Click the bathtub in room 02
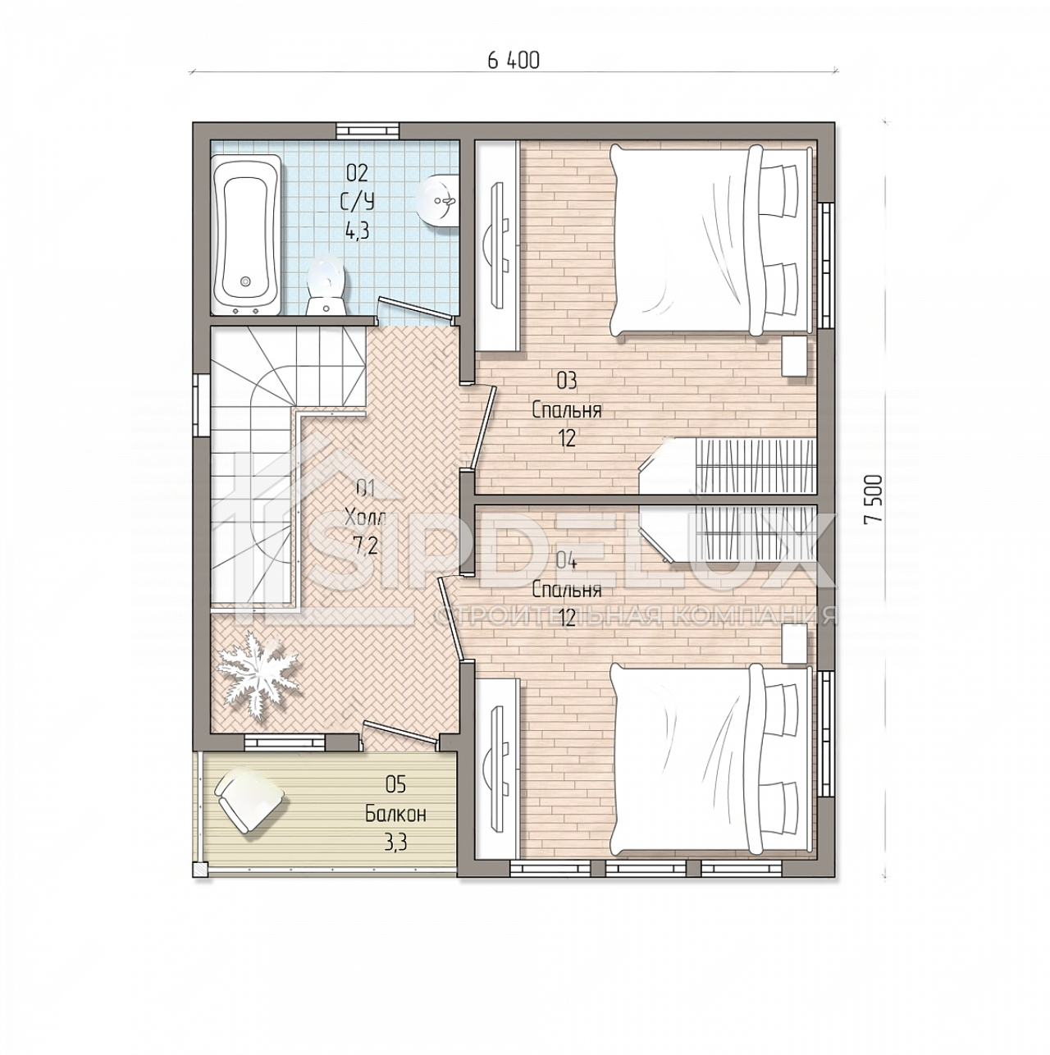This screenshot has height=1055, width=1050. (246, 235)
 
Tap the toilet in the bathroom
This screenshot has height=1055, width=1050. (326, 285)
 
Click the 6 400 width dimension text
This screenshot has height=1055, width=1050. (513, 60)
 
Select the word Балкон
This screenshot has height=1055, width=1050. (395, 830)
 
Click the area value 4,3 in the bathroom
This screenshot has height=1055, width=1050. (356, 231)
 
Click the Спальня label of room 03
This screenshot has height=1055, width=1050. (567, 410)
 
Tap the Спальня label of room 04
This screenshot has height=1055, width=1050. (567, 590)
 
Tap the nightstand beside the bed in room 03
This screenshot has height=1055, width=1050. (794, 356)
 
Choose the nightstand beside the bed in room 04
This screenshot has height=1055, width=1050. (794, 647)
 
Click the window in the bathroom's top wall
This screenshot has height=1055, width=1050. (367, 130)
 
